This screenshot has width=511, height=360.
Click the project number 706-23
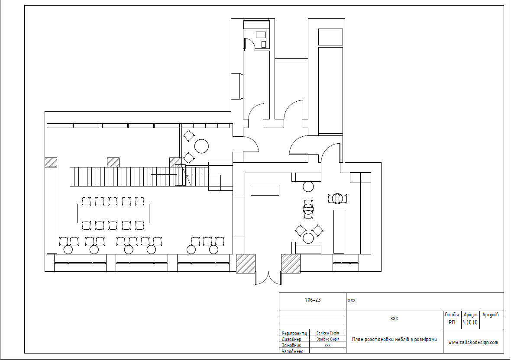coord(313,300)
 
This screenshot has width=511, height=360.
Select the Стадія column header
coord(452,315)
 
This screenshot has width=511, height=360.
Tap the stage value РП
coord(452,322)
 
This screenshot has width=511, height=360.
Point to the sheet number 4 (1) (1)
coord(470,322)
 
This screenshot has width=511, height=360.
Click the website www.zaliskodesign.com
coord(473,342)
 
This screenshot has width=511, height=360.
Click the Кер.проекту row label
coord(294,333)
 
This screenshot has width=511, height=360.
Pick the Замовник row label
coord(291,345)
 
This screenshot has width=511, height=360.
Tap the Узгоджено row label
coord(293,351)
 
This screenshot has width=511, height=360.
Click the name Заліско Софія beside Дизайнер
coord(327,339)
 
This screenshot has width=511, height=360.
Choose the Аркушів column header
coord(491,315)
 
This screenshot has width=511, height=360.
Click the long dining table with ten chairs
coord(113,213)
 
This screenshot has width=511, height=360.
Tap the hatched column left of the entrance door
coord(246,264)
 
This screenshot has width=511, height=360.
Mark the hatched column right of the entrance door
coord(291,264)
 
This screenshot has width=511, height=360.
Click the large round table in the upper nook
coord(201,146)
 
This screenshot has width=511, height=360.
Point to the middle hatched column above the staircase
coord(113,162)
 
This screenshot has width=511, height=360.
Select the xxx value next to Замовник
coord(327,345)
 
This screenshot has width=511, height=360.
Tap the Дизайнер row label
coord(291,339)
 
